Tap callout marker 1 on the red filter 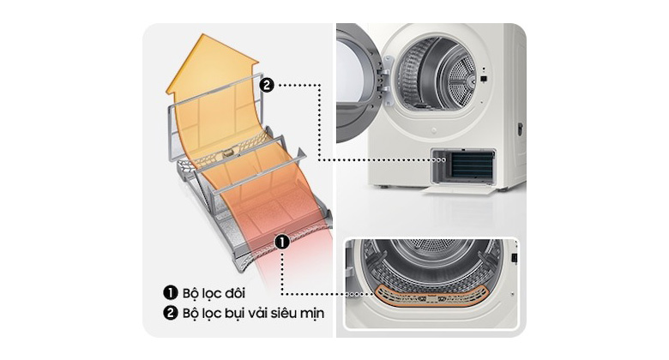coord(281,243)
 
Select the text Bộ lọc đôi coord(209,294)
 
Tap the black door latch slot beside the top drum coord(485,81)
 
